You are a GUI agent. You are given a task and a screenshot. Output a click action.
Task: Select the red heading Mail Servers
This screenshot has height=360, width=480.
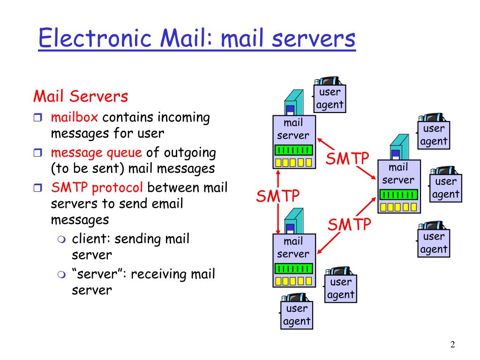[81, 97]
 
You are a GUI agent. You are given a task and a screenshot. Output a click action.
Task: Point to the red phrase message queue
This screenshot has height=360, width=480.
[96, 152]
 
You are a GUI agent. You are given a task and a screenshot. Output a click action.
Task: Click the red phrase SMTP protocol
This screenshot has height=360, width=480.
[97, 188]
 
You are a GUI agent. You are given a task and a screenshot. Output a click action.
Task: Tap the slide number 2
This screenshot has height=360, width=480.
[452, 345]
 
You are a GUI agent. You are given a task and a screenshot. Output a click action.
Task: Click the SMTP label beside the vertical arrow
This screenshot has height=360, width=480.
[278, 195]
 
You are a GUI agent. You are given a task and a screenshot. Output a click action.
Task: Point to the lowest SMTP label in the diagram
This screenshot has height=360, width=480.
[349, 225]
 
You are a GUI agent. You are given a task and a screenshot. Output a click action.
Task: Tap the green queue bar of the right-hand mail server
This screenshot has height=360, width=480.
[399, 195]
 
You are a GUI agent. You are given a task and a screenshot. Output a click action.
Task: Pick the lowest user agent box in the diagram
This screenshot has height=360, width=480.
[297, 315]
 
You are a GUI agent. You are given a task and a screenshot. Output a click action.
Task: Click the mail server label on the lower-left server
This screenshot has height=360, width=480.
[293, 248]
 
